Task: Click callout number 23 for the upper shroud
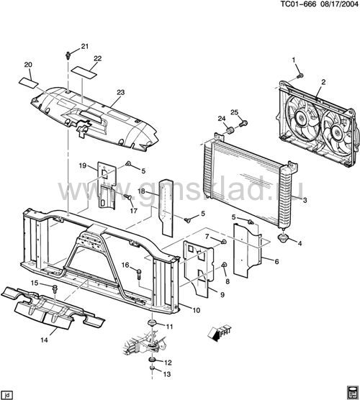tap(120, 92)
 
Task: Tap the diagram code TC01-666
tap(298, 4)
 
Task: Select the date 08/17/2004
tap(339, 4)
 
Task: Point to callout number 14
tap(44, 340)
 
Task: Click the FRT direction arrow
tap(219, 334)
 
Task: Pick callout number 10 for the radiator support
tap(196, 311)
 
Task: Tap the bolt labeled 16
tap(139, 275)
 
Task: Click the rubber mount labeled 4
tap(283, 237)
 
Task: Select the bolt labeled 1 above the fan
tap(300, 76)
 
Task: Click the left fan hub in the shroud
tap(302, 118)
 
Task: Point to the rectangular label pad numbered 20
tap(29, 83)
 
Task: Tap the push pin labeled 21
tap(68, 55)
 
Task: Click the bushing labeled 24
tap(230, 130)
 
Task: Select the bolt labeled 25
tap(243, 124)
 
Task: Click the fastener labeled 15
tap(55, 289)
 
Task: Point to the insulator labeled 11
tap(153, 323)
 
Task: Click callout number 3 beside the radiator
tap(305, 200)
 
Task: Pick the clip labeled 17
tap(127, 196)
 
